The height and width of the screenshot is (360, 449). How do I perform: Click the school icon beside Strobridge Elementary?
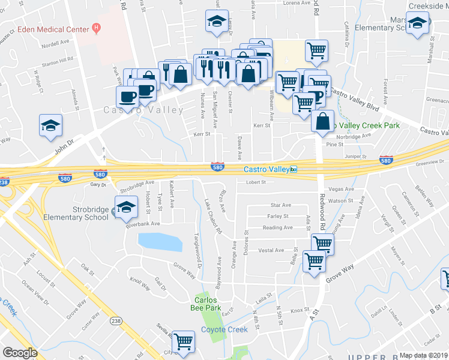[x=126, y=208]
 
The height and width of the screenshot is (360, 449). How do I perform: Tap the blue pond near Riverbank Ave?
[x=160, y=242]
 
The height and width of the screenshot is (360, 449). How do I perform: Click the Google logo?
[x=20, y=353]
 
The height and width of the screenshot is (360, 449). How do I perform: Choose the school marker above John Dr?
[x=51, y=125]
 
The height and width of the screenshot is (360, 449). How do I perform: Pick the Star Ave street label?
[x=280, y=205]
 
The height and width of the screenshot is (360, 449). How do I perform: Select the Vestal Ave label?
[x=271, y=250]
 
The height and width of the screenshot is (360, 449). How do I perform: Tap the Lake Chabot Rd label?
[x=212, y=216]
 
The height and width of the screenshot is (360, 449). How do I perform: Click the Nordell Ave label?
[x=55, y=44]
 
